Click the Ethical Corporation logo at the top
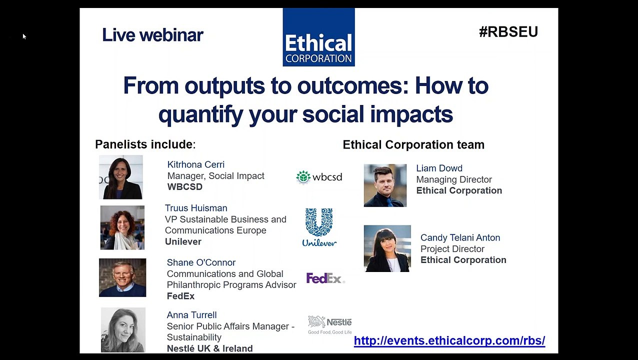[318, 37]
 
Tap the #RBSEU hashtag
[508, 32]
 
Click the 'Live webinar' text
[152, 35]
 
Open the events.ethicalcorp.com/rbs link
[449, 341]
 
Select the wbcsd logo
[319, 177]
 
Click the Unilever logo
[319, 227]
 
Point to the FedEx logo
[325, 278]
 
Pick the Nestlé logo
[329, 324]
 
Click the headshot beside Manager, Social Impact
[121, 177]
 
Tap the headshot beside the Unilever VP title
[122, 227]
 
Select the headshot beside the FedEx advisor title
[122, 277]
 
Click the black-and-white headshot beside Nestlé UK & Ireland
[123, 330]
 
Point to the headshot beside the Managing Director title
[385, 185]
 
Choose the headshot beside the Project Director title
[387, 248]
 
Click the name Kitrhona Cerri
[195, 164]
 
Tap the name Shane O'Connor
[201, 262]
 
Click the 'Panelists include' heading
[145, 144]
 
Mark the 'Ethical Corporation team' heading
[413, 145]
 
